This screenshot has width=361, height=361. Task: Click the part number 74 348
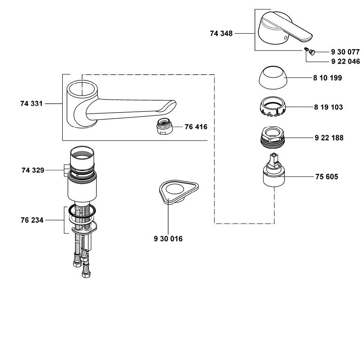[221, 33]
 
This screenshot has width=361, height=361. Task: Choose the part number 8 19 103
[328, 107]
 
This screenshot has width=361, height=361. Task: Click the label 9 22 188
[328, 138]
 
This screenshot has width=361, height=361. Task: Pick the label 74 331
[32, 104]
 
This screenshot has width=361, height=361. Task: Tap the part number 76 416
[196, 127]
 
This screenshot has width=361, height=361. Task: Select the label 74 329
[32, 170]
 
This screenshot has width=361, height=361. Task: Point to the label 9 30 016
[168, 238]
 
